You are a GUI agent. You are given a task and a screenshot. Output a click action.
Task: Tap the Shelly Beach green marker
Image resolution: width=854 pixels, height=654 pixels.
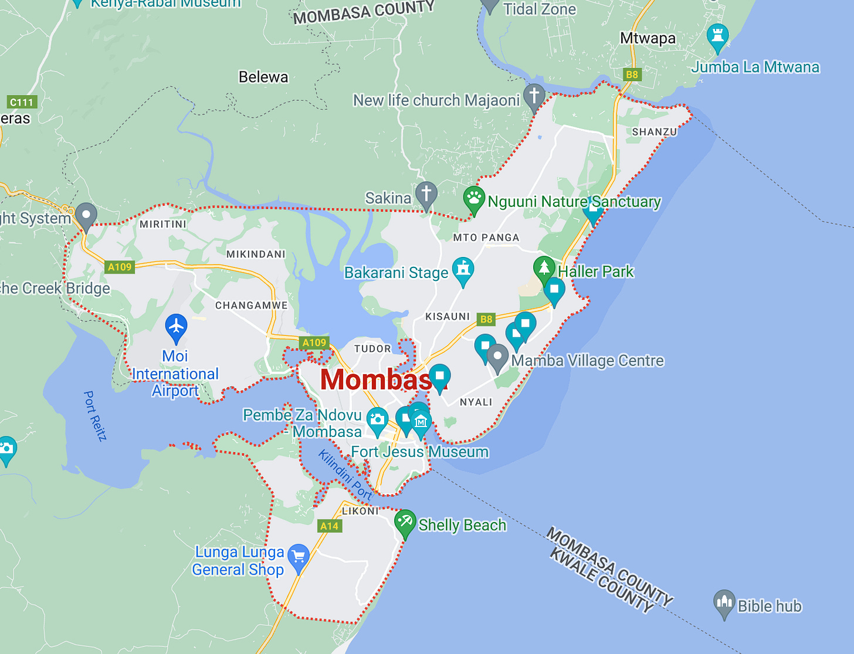click(x=405, y=521)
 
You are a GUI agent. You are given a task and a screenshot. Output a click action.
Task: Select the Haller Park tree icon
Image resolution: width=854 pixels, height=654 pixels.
click(x=544, y=268)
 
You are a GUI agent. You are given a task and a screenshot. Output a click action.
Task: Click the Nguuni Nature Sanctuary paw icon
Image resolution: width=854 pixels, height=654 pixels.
click(x=474, y=198)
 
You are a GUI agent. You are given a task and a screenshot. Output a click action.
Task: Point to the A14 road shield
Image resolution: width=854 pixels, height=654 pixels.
click(x=330, y=526)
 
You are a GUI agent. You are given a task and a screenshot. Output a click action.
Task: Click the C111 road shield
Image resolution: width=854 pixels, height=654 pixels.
click(x=22, y=102)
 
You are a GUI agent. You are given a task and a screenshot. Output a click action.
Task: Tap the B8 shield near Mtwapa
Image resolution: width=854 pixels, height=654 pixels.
click(x=632, y=74)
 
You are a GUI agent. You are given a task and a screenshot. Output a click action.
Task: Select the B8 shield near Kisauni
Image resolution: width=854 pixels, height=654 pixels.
click(x=486, y=319)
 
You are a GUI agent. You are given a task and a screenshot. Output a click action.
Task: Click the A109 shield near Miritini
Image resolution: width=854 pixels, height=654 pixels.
click(x=120, y=267)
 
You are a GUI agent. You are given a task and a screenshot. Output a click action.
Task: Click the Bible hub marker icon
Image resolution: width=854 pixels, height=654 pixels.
click(x=724, y=601)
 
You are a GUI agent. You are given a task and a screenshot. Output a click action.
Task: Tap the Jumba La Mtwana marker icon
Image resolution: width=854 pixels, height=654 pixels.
click(x=717, y=35)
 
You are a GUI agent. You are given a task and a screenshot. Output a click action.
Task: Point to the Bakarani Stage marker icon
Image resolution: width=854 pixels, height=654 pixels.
click(x=463, y=269)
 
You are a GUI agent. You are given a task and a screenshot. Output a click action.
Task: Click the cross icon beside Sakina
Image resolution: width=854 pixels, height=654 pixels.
click(x=426, y=192)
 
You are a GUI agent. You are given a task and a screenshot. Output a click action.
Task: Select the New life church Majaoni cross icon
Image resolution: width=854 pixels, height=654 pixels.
click(x=534, y=95)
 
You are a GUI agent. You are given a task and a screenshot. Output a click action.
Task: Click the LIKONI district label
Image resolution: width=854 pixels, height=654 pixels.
click(x=361, y=511)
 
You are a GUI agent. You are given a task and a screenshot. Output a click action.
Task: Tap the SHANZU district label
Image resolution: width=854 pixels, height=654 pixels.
click(x=655, y=132)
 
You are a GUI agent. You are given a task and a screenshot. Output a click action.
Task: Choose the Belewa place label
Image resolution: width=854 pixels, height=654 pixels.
click(x=263, y=77)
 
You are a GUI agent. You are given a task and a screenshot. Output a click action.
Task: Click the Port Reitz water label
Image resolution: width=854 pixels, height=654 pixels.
click(x=95, y=415)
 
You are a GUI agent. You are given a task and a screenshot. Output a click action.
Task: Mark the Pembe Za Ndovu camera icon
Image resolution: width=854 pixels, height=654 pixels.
click(x=377, y=419)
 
